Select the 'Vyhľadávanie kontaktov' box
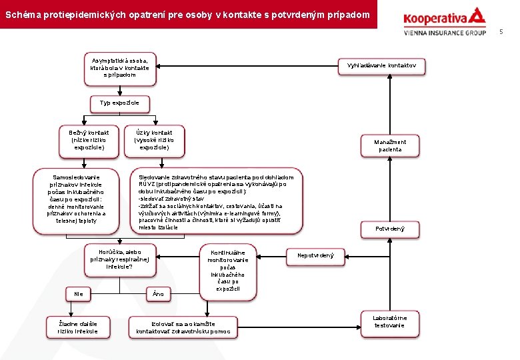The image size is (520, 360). pyautogui.click(x=382, y=65)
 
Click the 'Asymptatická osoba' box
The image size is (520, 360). pyautogui.click(x=120, y=68)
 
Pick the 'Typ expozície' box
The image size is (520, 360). pyautogui.click(x=120, y=103)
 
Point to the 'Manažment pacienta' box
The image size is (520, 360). pyautogui.click(x=390, y=145)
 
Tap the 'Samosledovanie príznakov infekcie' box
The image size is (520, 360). pyautogui.click(x=77, y=199)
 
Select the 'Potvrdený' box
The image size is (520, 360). pyautogui.click(x=390, y=229)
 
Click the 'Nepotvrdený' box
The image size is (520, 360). pyautogui.click(x=315, y=255)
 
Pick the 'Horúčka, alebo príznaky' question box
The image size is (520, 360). pyautogui.click(x=120, y=259)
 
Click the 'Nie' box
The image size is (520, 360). pyautogui.click(x=79, y=293)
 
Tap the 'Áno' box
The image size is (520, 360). pyautogui.click(x=158, y=293)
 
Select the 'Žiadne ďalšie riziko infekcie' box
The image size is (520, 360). pyautogui.click(x=78, y=327)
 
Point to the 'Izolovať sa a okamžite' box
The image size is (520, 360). pyautogui.click(x=183, y=327)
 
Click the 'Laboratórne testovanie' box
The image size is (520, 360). pyautogui.click(x=389, y=322)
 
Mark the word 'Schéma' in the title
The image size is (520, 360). pyautogui.click(x=21, y=14)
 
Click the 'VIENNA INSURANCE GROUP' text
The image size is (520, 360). pyautogui.click(x=444, y=32)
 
